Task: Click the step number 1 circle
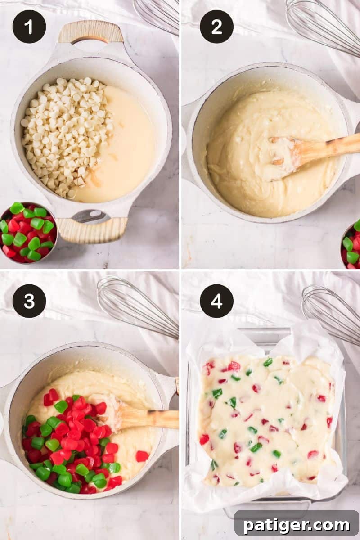(x=29, y=27)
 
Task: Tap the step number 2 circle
(x=216, y=27)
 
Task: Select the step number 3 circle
(x=29, y=301)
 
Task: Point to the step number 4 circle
(x=216, y=301)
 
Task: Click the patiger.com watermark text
(x=297, y=525)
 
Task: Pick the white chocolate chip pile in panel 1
(x=67, y=135)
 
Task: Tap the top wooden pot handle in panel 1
(x=90, y=32)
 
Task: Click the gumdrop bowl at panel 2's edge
(x=351, y=245)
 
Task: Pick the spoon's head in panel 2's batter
(x=281, y=157)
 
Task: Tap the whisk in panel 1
(x=157, y=16)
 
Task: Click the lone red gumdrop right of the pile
(x=142, y=456)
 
